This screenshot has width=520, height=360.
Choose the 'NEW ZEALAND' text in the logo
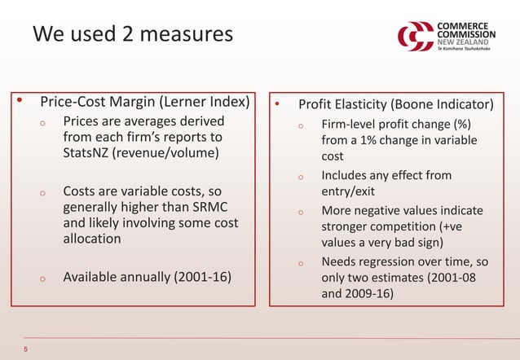pyautogui.click(x=462, y=41)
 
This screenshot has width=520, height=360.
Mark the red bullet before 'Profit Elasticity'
pyautogui.click(x=278, y=105)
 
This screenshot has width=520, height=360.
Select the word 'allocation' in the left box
pyautogui.click(x=92, y=239)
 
